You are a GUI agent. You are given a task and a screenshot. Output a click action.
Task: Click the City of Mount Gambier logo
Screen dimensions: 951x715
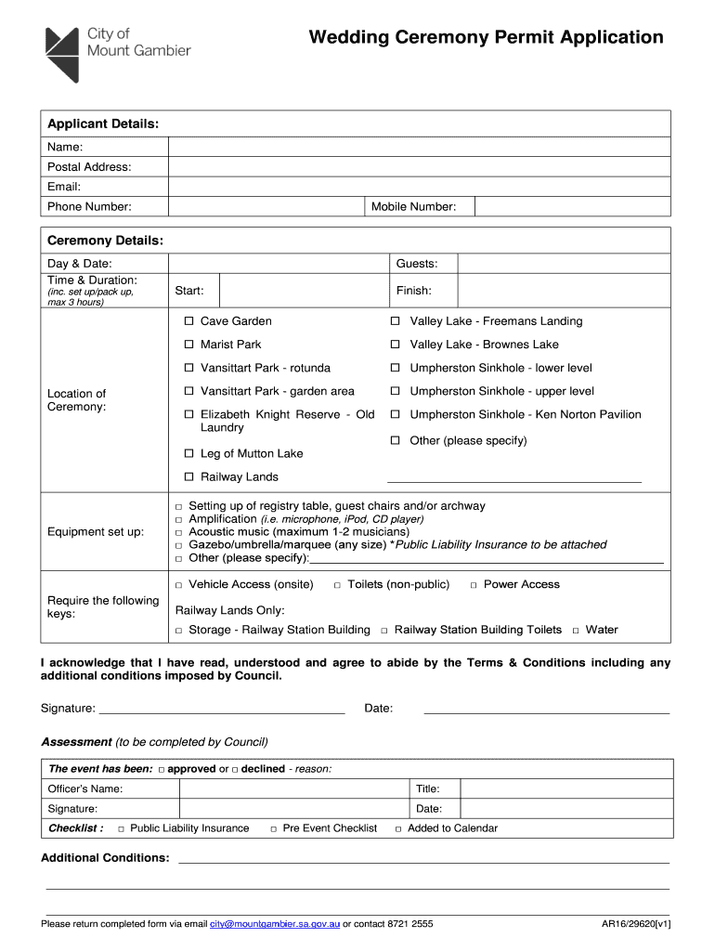pos(117,53)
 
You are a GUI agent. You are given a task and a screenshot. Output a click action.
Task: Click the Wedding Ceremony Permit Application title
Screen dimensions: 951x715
pos(486,38)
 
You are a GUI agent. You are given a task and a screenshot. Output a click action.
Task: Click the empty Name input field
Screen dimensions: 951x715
pos(418,147)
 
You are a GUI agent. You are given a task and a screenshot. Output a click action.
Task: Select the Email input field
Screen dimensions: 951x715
pos(418,187)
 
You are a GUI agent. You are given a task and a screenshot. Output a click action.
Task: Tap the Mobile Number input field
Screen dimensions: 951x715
pos(572,206)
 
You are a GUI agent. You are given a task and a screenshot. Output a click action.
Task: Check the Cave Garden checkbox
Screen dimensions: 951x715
pos(188,321)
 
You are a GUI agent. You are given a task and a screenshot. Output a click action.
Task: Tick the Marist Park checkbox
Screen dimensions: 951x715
pos(188,345)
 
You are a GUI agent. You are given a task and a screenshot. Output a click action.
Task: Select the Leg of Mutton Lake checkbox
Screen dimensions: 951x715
pos(188,454)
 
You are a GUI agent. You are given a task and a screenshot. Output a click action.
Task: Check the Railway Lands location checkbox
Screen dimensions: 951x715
pos(188,477)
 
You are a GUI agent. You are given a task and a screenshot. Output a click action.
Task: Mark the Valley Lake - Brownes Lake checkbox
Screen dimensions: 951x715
pos(395,345)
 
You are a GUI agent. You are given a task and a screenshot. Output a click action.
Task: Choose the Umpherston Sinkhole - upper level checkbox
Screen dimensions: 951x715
pos(395,392)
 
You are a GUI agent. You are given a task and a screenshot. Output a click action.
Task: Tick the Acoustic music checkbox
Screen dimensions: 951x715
pos(179,532)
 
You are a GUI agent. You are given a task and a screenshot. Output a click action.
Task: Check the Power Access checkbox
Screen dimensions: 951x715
pos(474,585)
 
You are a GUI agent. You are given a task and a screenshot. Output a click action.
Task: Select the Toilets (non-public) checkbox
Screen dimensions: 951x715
pos(338,585)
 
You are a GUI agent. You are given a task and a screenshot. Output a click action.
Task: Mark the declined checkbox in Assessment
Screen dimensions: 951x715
pos(235,770)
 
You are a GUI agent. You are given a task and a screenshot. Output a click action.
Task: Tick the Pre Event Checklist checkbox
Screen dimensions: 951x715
pos(273,828)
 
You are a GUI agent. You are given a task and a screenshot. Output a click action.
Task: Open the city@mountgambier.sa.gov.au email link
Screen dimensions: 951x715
pos(274,924)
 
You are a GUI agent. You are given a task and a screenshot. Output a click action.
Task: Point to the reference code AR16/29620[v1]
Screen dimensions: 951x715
pos(636,924)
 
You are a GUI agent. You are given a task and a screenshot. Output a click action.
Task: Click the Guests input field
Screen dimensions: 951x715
pos(564,264)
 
